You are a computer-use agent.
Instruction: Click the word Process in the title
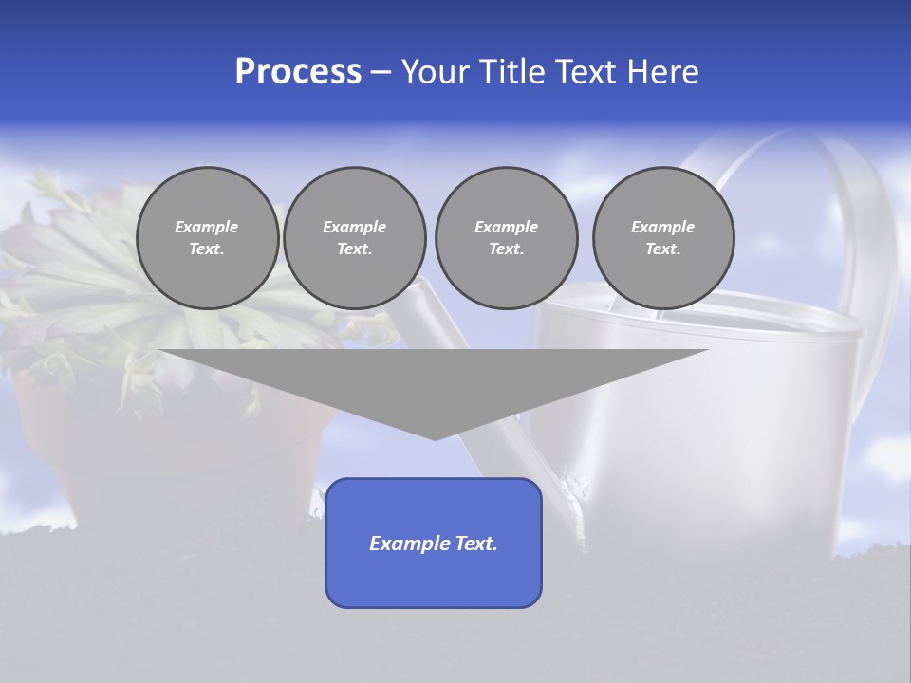click(x=298, y=72)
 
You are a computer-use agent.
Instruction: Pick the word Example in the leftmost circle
click(x=207, y=227)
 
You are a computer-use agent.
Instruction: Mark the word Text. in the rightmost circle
click(x=663, y=249)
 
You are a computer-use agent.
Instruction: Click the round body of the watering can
click(x=721, y=427)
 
